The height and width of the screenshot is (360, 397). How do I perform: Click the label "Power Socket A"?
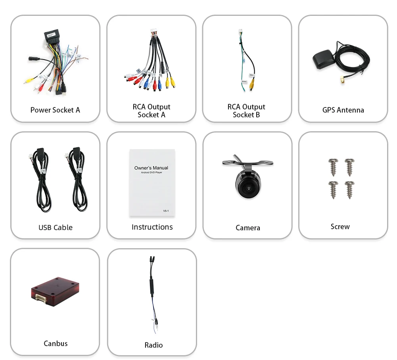pyautogui.click(x=55, y=110)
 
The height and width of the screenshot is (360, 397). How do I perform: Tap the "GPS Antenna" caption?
pyautogui.click(x=343, y=110)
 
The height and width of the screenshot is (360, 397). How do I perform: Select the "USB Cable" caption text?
pyautogui.click(x=56, y=228)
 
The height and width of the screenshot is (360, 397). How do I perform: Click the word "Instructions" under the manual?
pyautogui.click(x=152, y=227)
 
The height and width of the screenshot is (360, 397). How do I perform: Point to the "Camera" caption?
pyautogui.click(x=248, y=228)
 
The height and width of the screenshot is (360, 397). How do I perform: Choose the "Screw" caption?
pyautogui.click(x=340, y=227)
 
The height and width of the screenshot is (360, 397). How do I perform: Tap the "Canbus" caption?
pyautogui.click(x=56, y=344)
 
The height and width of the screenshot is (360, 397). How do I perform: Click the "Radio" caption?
pyautogui.click(x=153, y=345)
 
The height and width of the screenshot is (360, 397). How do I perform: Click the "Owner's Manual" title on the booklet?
pyautogui.click(x=151, y=168)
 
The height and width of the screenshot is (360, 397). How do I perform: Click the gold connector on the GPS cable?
pyautogui.click(x=341, y=82)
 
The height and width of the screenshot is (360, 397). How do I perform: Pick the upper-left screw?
pyautogui.click(x=333, y=166)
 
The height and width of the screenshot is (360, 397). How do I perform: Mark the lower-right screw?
pyautogui.click(x=349, y=190)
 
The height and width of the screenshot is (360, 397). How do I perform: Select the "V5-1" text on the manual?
pyautogui.click(x=166, y=211)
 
